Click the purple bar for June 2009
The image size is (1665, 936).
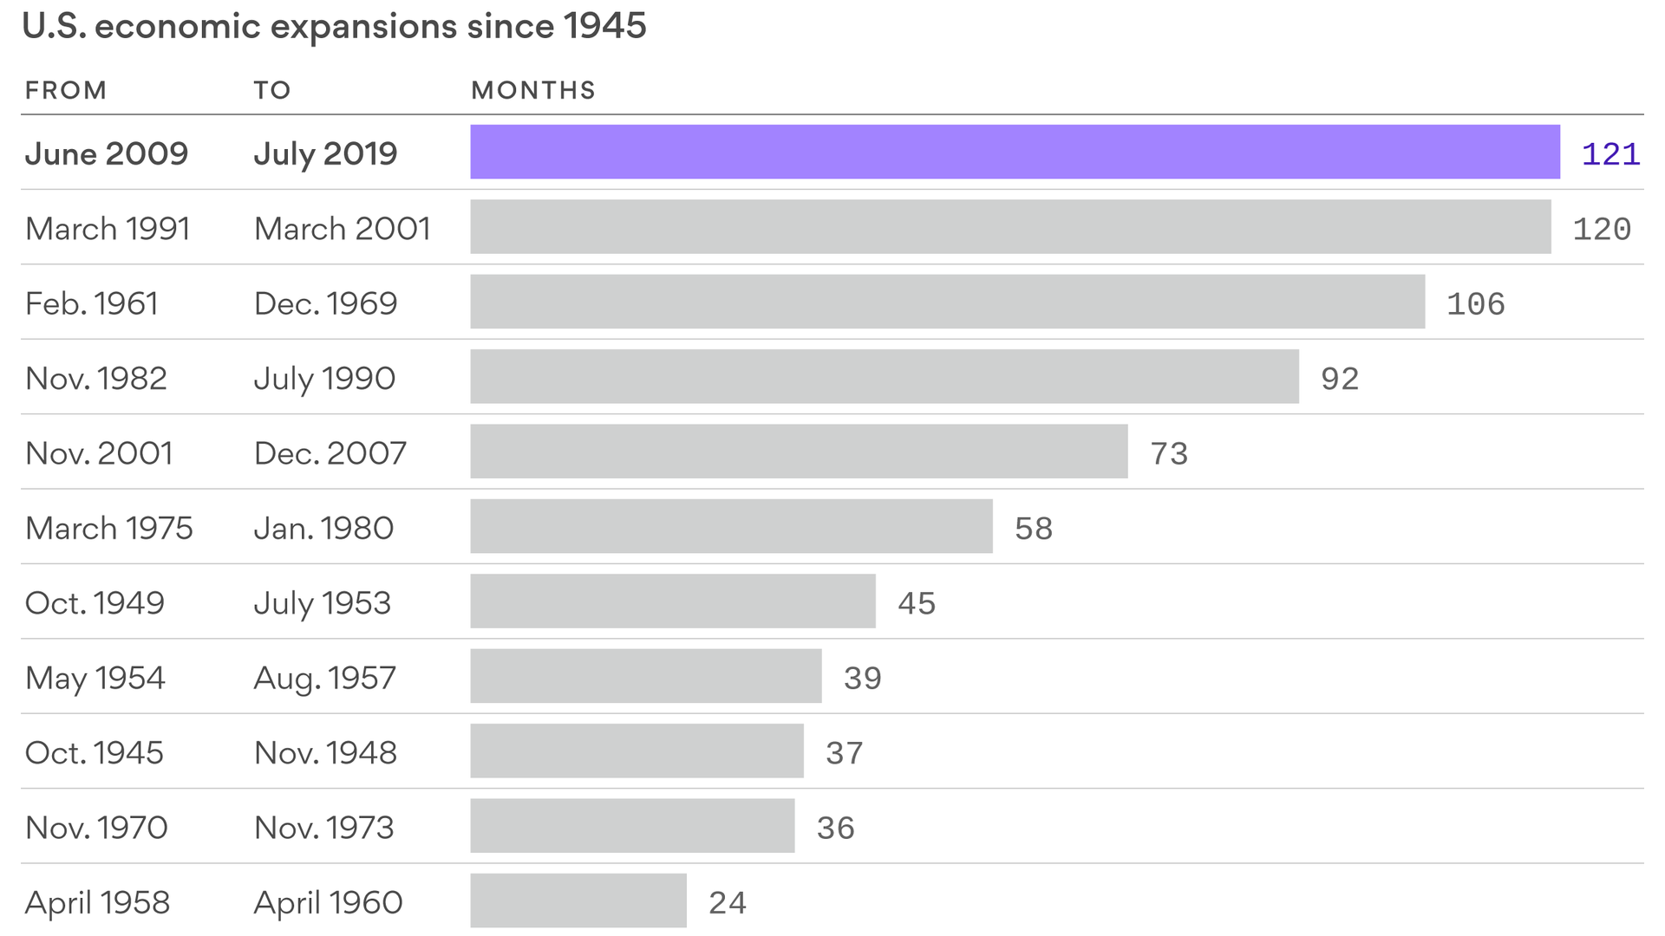pyautogui.click(x=1015, y=152)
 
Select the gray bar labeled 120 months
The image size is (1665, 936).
pyautogui.click(x=1010, y=227)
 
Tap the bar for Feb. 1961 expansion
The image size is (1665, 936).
pyautogui.click(x=947, y=302)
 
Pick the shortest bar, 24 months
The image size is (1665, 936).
pyautogui.click(x=578, y=900)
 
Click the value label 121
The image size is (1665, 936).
pyautogui.click(x=1610, y=154)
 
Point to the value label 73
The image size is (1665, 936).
pyautogui.click(x=1168, y=453)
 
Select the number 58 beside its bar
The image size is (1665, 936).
pyautogui.click(x=1033, y=529)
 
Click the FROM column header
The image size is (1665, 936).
pyautogui.click(x=66, y=90)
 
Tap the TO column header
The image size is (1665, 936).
pyautogui.click(x=272, y=90)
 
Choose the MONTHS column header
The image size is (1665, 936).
pyautogui.click(x=533, y=90)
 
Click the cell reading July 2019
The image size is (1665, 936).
pyautogui.click(x=325, y=154)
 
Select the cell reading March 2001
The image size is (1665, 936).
pyautogui.click(x=343, y=229)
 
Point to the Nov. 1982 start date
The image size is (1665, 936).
pyautogui.click(x=96, y=379)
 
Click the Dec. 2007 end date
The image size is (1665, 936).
pyautogui.click(x=330, y=453)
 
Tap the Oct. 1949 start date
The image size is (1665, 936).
pyautogui.click(x=95, y=603)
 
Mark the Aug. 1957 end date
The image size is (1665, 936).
pyautogui.click(x=325, y=678)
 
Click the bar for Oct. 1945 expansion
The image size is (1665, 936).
pyautogui.click(x=637, y=751)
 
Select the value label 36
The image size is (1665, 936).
pyautogui.click(x=835, y=828)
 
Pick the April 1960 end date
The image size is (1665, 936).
pyautogui.click(x=328, y=903)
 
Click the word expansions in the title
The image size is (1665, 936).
pyautogui.click(x=363, y=26)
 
